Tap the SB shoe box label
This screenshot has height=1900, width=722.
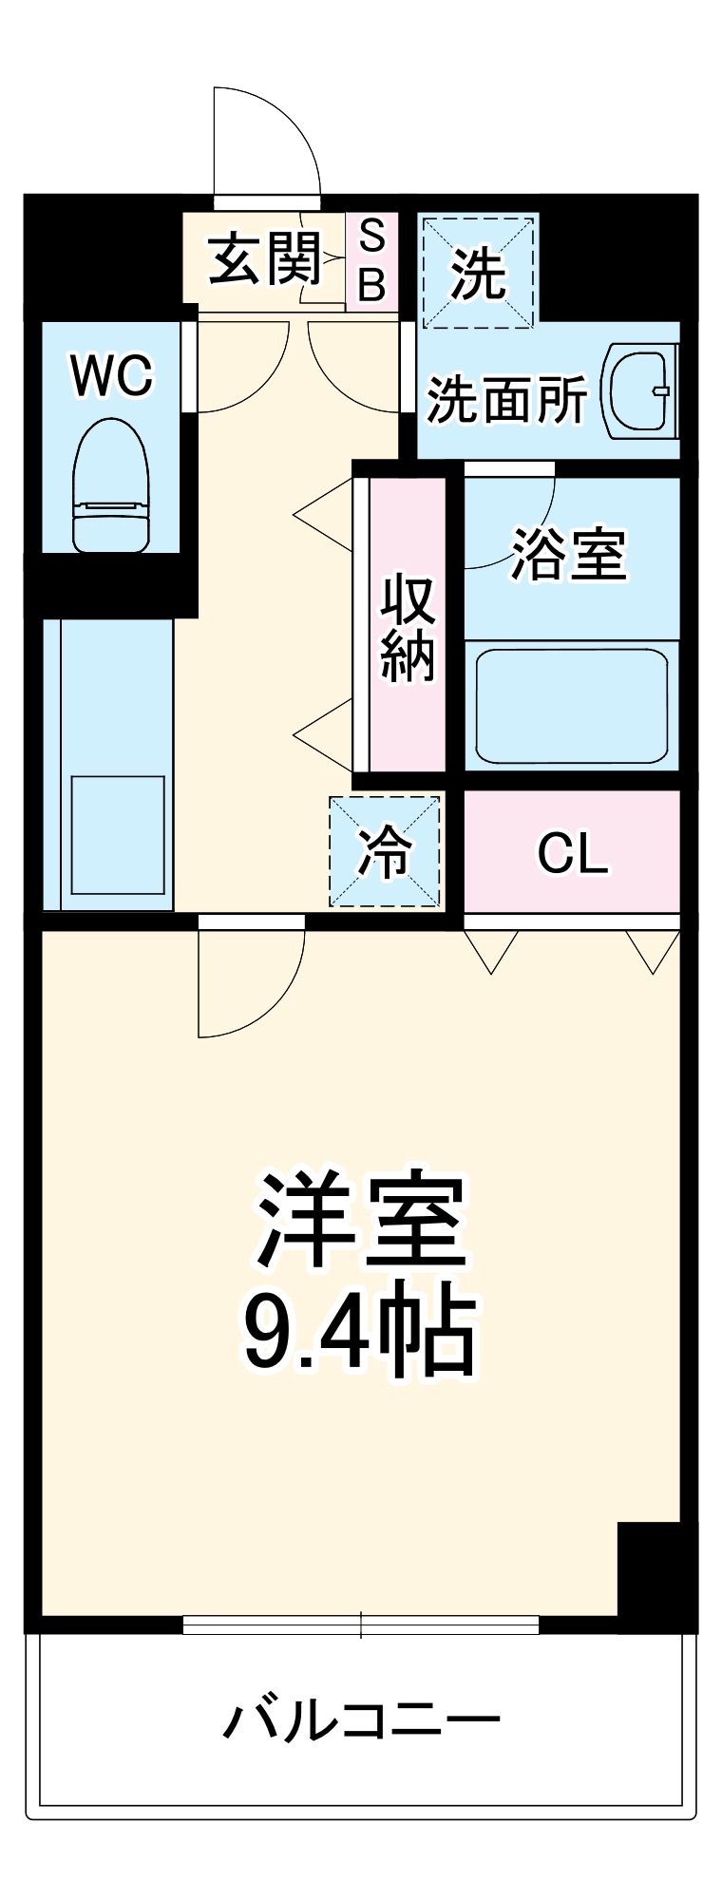coord(371,259)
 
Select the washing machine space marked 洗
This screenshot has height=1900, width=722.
coord(478,273)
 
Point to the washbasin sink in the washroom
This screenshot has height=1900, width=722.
coord(640,390)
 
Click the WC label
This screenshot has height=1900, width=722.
coord(111,375)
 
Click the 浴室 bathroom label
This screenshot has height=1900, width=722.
coord(569,553)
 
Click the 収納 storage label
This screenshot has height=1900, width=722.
coord(408,627)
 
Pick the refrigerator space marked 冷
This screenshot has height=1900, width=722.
coord(385,850)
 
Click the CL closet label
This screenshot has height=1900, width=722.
coord(572,853)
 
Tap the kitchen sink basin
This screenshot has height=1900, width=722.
coord(118,835)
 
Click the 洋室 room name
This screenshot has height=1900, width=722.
coord(361,1221)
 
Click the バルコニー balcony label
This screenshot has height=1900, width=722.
coord(361,1719)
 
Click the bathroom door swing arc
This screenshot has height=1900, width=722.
coord(508,522)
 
